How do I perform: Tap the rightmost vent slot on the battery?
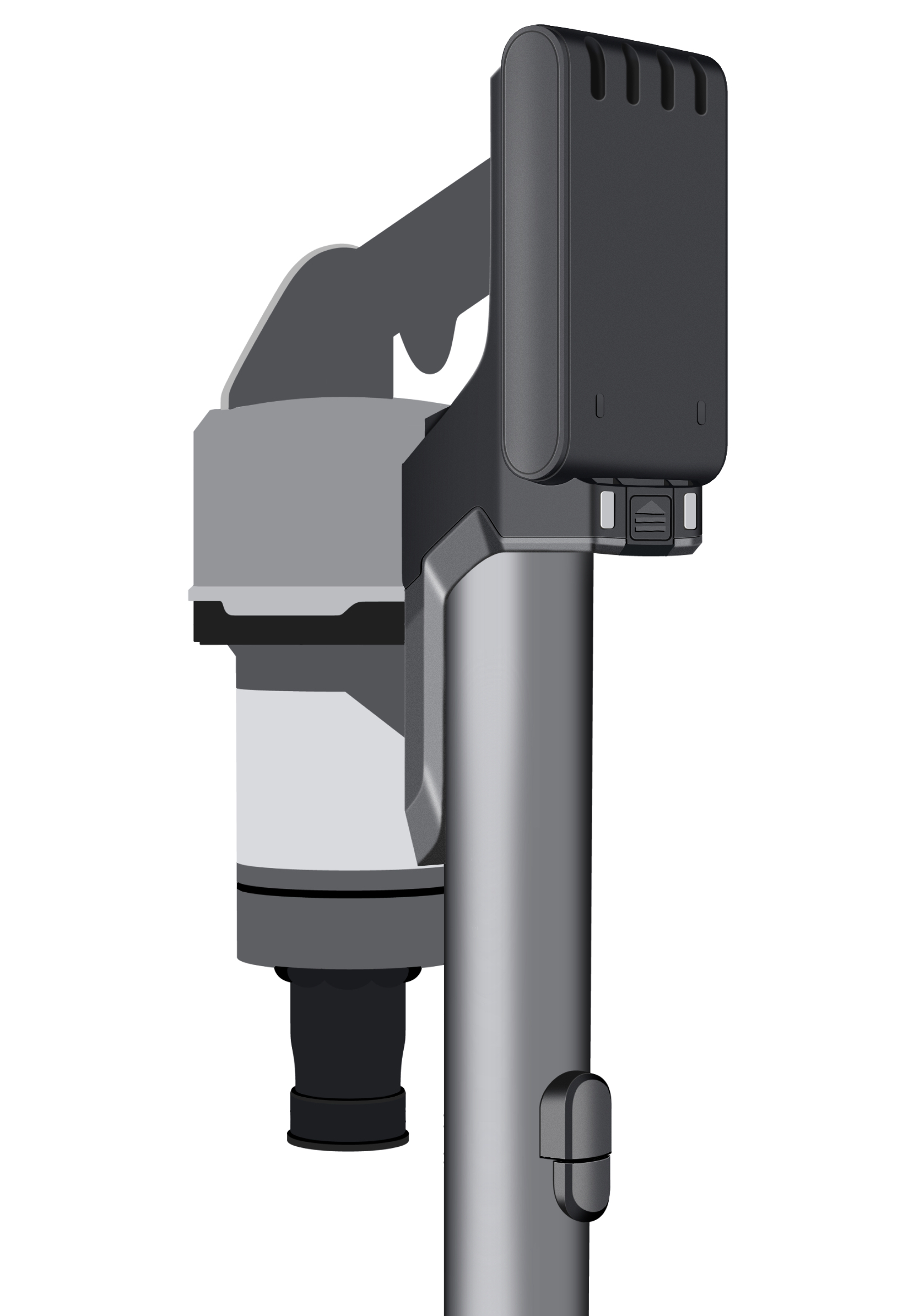pos(700,84)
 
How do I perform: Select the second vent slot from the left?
pos(632,76)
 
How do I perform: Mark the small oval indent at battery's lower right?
pos(701,412)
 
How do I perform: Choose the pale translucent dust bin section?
pos(321,779)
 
